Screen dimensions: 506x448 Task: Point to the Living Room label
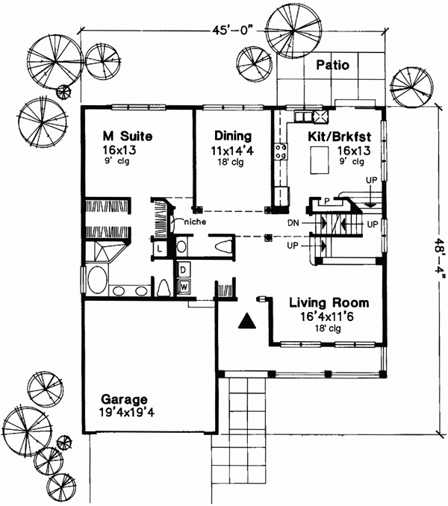tap(329, 303)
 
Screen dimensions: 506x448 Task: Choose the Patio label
tap(332, 65)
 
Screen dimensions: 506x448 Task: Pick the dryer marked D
tap(182, 269)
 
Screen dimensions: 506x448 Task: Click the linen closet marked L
tap(160, 248)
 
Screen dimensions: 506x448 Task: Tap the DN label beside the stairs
tap(293, 223)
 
